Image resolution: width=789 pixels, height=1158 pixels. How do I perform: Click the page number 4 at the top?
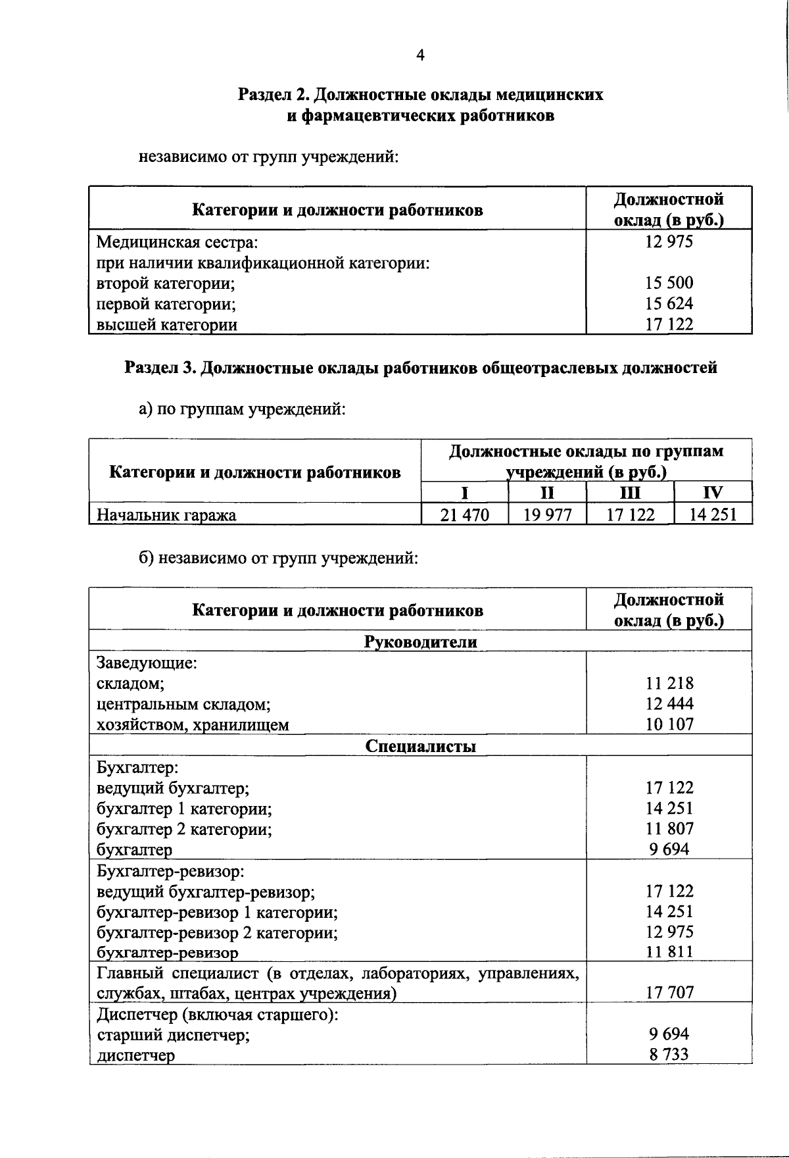coord(420,56)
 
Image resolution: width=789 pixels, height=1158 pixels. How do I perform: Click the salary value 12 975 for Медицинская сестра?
coord(669,241)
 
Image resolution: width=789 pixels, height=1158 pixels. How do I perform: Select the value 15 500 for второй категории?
coord(669,283)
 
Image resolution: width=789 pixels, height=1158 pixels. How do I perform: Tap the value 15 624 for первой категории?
coord(669,303)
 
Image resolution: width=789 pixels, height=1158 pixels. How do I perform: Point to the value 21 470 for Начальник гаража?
coord(465,515)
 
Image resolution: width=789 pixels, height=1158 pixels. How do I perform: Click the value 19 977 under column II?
coord(547,515)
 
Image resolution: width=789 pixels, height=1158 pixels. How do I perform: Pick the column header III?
coord(630,493)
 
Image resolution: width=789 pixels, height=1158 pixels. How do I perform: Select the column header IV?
coord(713,493)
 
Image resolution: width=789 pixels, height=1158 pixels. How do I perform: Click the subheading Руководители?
coord(421,642)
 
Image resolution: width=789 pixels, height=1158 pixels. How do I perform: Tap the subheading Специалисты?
coord(421,746)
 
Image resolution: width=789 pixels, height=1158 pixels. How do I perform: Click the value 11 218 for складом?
coord(669,684)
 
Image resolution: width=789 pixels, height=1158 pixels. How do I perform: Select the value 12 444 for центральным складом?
coord(669,704)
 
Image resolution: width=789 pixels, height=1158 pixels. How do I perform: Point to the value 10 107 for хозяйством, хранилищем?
coord(669,724)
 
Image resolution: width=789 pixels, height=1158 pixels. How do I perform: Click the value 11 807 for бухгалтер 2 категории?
coord(669,828)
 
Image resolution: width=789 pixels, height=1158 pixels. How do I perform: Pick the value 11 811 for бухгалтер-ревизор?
coord(669,951)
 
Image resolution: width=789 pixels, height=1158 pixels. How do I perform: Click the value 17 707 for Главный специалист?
coord(669,992)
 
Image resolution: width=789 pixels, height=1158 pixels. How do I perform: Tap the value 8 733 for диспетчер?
coord(669,1055)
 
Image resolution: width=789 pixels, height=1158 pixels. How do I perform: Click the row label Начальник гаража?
coord(166,515)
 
